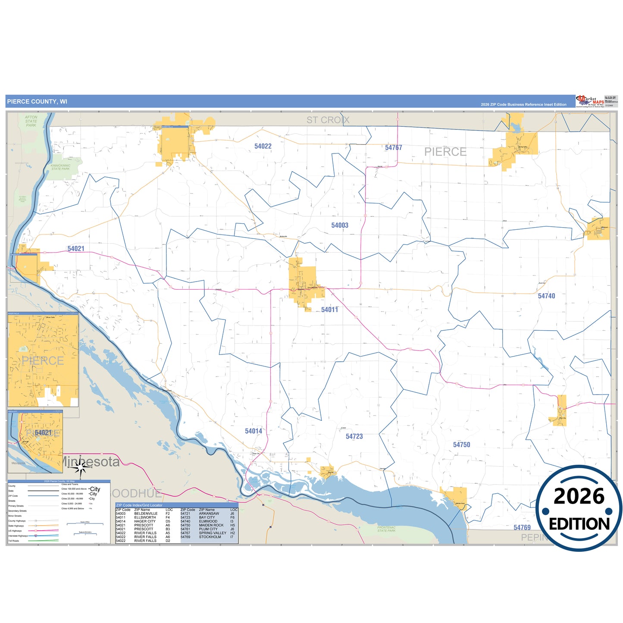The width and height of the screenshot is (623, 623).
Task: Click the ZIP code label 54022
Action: pyautogui.click(x=263, y=147)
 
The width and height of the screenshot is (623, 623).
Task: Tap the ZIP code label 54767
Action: pyautogui.click(x=393, y=148)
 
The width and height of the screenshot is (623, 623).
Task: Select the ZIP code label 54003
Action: pyautogui.click(x=340, y=225)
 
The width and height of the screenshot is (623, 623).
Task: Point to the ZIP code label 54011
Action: pyautogui.click(x=329, y=310)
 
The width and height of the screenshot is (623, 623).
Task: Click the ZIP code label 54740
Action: pyautogui.click(x=546, y=296)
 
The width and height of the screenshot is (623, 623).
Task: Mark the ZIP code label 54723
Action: pyautogui.click(x=354, y=437)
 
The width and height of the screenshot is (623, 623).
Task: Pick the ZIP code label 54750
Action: pyautogui.click(x=461, y=445)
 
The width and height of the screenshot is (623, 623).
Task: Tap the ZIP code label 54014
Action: pyautogui.click(x=254, y=431)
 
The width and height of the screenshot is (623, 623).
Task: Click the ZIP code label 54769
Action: pyautogui.click(x=522, y=528)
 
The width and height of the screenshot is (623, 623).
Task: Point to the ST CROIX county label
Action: pyautogui.click(x=328, y=120)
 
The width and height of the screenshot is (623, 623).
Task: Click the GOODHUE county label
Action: pyautogui.click(x=136, y=493)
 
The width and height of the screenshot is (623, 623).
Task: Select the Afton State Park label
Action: pyautogui.click(x=31, y=121)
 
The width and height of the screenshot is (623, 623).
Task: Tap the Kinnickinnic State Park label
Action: pyautogui.click(x=60, y=167)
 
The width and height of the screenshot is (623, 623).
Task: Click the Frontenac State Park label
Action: pyautogui.click(x=386, y=529)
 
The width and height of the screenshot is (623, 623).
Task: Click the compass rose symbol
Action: pyautogui.click(x=80, y=466)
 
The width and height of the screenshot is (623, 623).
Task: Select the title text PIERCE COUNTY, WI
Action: pyautogui.click(x=37, y=102)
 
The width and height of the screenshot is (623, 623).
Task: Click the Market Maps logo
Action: pyautogui.click(x=590, y=101)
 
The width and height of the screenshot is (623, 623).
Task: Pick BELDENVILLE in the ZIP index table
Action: pyautogui.click(x=146, y=513)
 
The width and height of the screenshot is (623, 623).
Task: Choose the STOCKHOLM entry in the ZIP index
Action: pyautogui.click(x=210, y=537)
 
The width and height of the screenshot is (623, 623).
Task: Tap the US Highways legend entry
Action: pyautogui.click(x=15, y=531)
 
